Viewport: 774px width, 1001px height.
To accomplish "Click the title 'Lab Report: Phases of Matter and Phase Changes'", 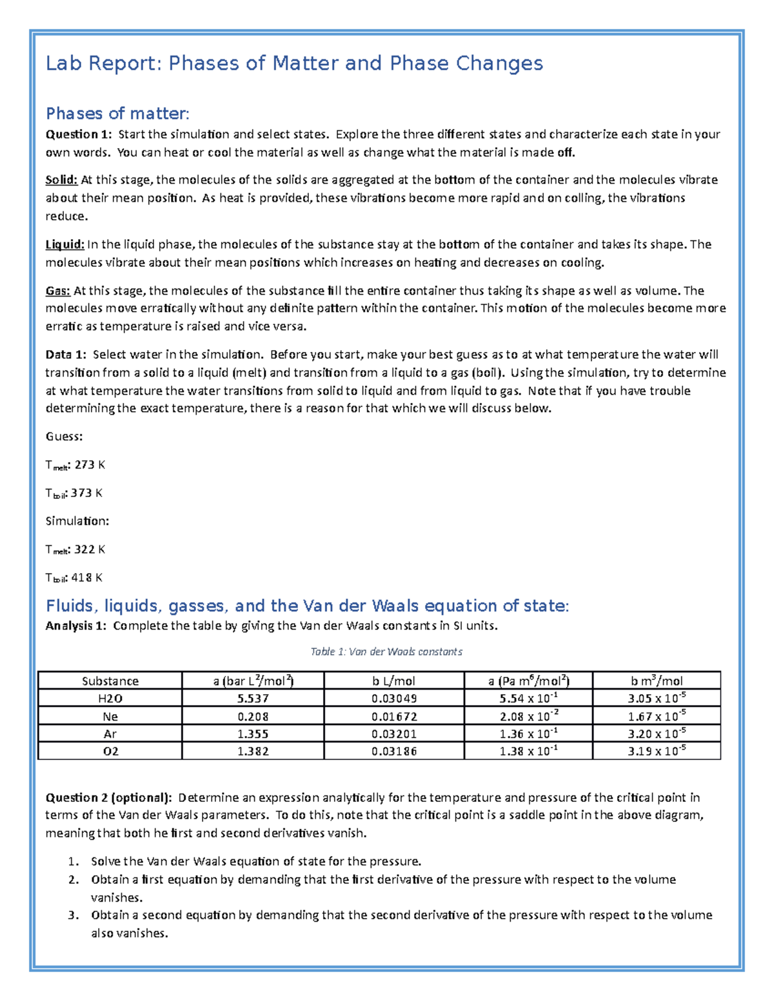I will point(294,63).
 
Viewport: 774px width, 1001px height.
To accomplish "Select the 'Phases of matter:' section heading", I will point(117,113).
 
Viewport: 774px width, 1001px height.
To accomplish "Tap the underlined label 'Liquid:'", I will point(64,244).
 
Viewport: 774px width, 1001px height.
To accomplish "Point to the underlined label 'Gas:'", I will point(58,291).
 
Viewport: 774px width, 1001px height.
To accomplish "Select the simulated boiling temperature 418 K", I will point(86,578).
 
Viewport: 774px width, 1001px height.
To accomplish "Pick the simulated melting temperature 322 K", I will point(90,549).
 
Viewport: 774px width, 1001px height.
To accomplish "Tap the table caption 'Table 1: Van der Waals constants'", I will point(386,652).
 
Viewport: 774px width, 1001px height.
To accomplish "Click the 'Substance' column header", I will point(110,681).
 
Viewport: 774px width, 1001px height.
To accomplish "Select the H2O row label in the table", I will point(110,698).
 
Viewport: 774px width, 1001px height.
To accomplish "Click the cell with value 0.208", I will point(253,716).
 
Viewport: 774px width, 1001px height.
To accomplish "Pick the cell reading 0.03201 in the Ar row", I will point(394,734).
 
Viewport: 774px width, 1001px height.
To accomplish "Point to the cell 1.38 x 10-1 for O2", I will point(528,751).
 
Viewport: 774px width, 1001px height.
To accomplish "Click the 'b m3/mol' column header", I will point(657,681).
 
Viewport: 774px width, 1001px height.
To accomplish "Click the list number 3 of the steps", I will point(73,915).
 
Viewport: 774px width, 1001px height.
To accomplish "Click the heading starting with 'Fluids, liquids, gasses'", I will point(307,606).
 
